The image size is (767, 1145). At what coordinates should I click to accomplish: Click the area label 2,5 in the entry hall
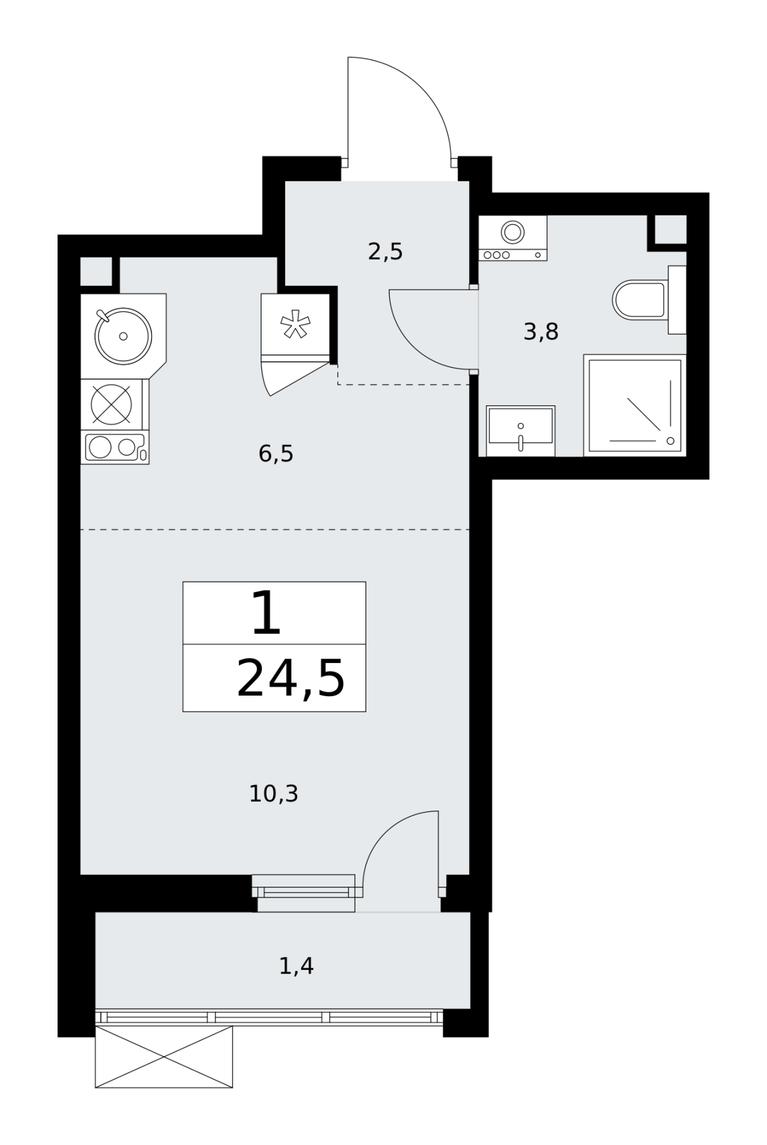point(385,252)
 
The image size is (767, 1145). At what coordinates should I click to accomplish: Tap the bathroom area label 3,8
point(541,332)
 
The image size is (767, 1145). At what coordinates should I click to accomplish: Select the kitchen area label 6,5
point(276,454)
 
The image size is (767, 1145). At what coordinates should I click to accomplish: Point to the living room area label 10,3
point(274,794)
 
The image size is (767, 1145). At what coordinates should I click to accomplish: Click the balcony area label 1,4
point(297,966)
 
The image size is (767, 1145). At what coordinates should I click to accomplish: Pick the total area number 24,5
point(291,679)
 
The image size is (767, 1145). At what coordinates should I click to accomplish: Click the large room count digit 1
point(267,613)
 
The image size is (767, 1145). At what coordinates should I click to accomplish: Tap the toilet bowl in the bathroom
point(639,300)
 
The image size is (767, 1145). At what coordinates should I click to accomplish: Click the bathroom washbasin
point(520,430)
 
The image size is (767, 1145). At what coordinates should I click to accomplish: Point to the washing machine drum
point(513,232)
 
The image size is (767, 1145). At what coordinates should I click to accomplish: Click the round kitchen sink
point(123,336)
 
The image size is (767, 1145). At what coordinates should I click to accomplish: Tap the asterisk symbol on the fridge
point(295,324)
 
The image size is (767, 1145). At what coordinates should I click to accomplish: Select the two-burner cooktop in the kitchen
point(115,447)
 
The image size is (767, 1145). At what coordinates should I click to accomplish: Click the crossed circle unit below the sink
point(111,404)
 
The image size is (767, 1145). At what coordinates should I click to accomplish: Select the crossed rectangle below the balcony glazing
point(164,1057)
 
